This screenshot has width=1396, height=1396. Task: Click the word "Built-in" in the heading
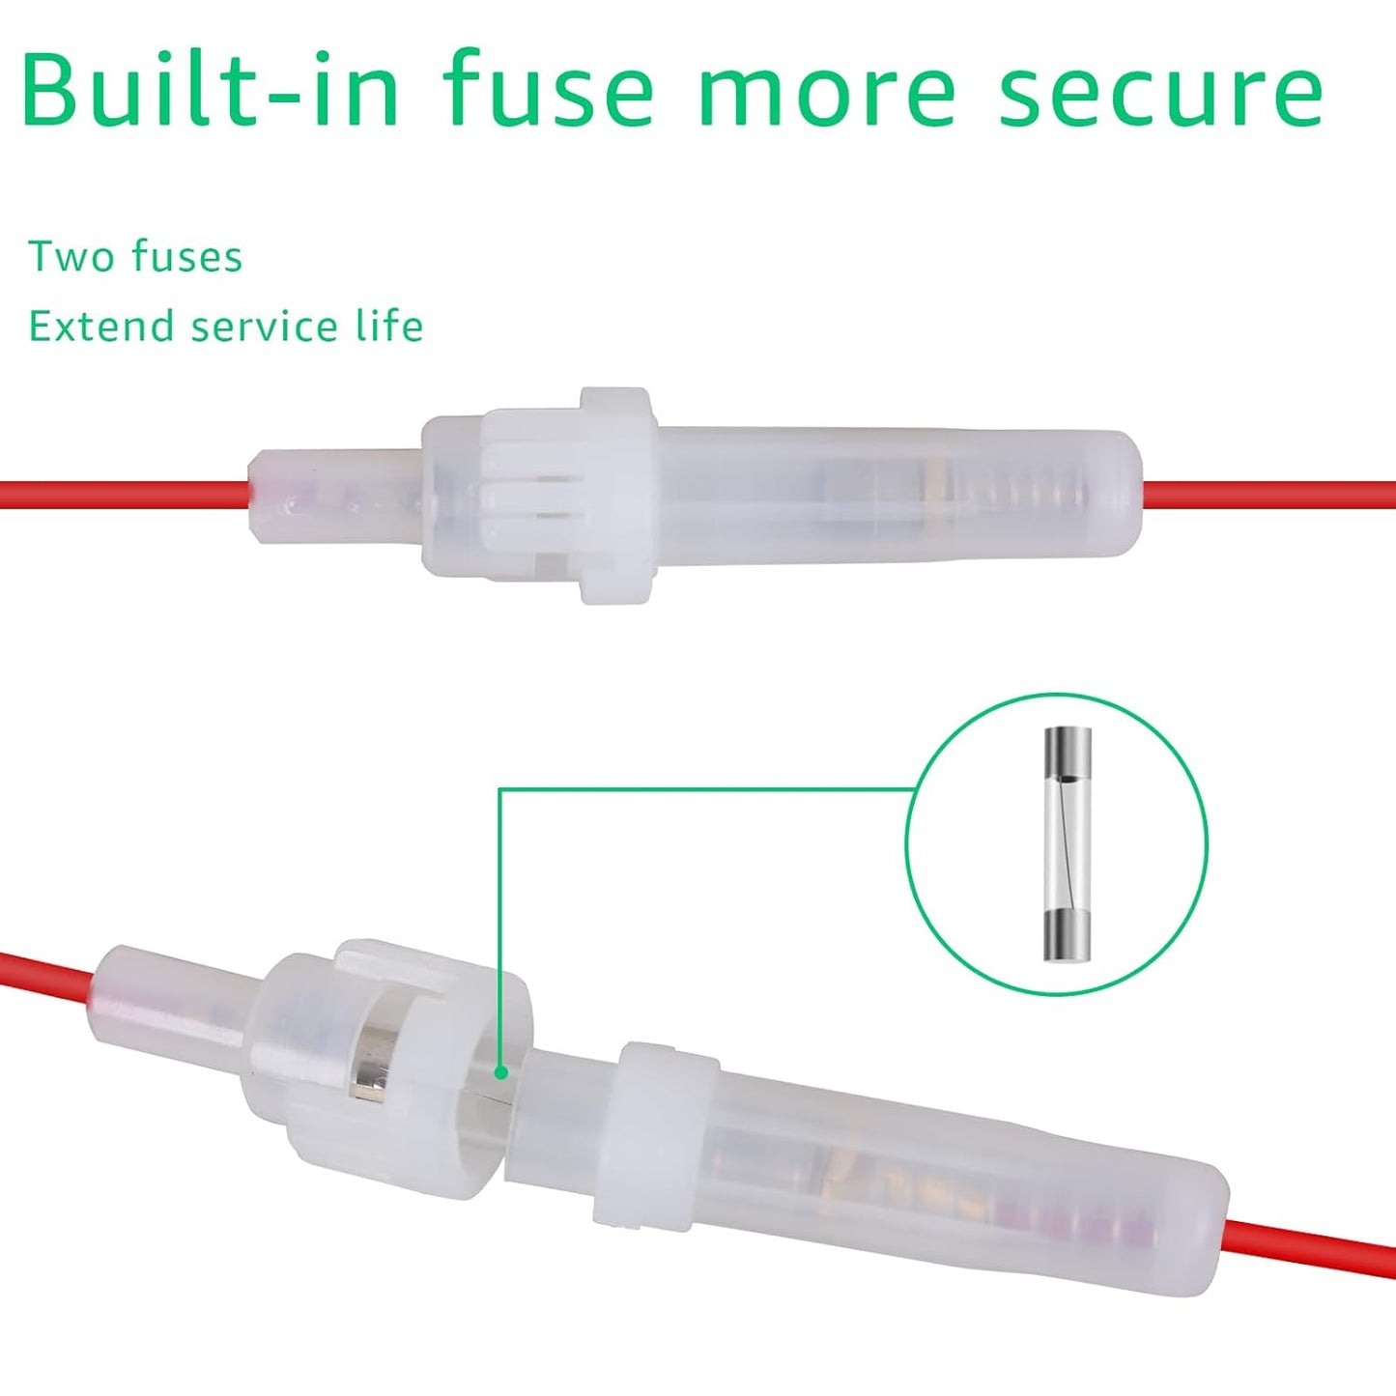210,87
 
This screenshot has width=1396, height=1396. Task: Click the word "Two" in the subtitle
73,256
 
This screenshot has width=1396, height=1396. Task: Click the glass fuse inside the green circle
1068,844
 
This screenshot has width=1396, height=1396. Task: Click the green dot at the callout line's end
499,1073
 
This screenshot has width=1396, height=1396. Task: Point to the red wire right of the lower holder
1310,1242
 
